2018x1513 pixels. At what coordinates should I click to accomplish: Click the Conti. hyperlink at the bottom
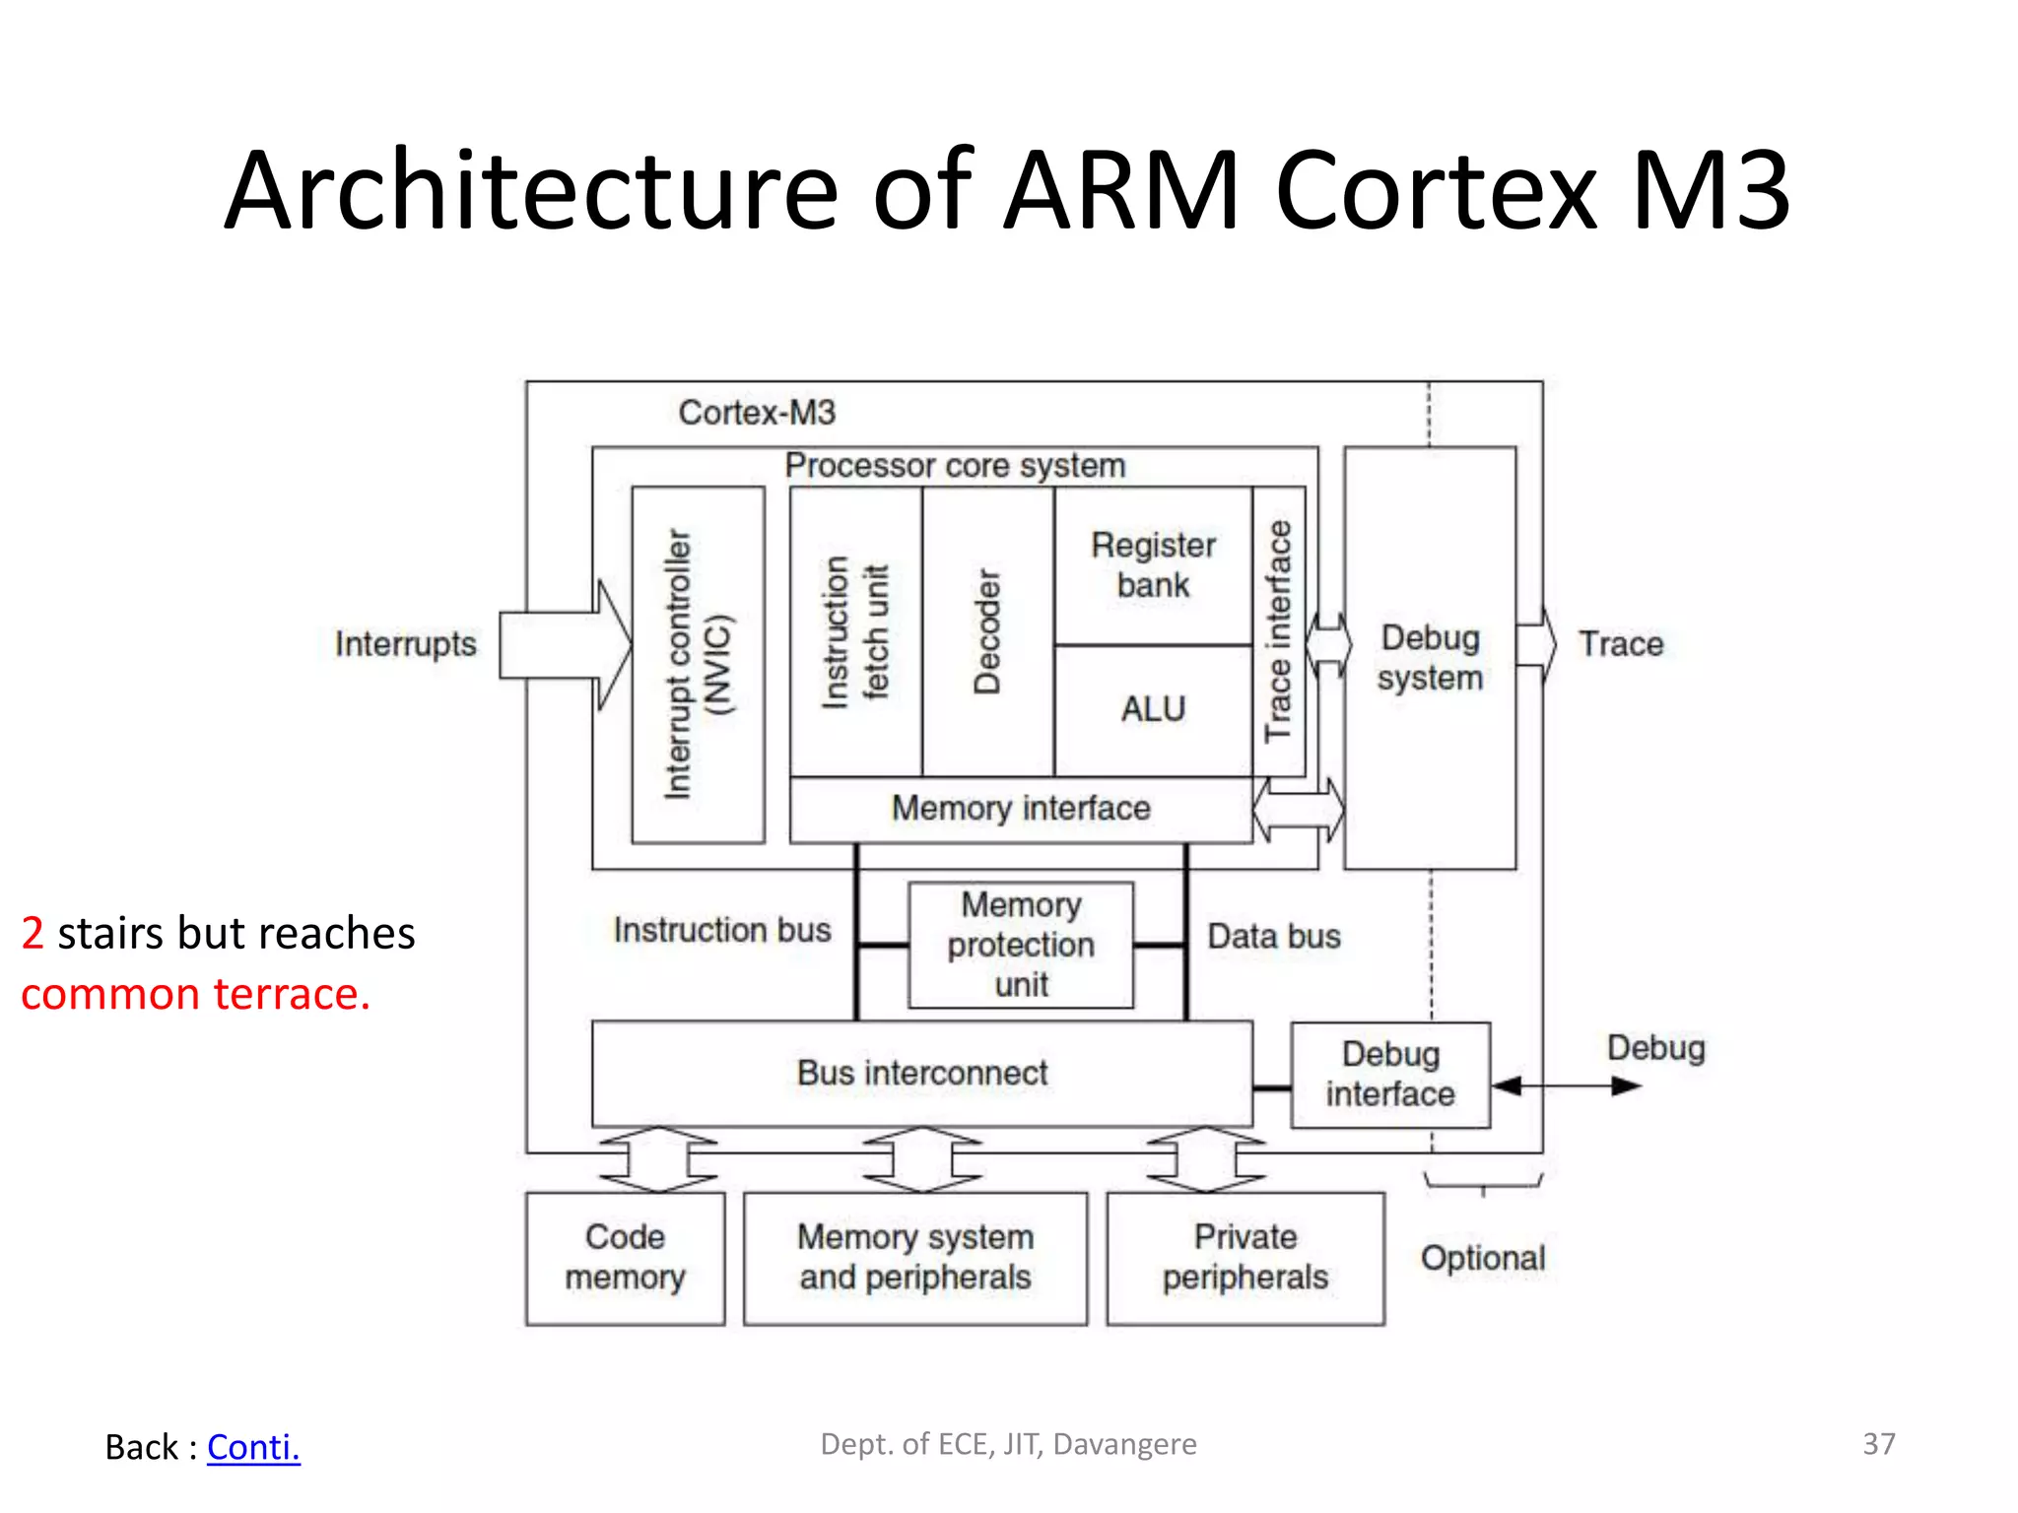253,1447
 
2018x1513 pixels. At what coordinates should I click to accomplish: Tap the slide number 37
1878,1444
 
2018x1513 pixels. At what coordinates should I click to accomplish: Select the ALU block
1153,710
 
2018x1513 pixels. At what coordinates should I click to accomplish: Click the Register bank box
1153,565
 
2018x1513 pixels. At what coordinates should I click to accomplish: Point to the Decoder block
987,631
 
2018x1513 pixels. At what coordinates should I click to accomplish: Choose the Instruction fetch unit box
855,631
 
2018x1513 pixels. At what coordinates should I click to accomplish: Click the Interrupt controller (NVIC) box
698,664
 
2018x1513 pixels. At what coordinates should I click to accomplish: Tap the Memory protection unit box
1021,945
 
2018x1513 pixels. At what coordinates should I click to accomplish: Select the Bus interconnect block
921,1073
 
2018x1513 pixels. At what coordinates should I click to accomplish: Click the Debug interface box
1390,1075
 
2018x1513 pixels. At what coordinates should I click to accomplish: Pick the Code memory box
625,1258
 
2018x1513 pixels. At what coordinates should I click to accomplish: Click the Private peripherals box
1245,1258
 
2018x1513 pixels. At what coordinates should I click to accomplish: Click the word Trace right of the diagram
1621,644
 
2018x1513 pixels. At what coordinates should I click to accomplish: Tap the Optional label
1483,1258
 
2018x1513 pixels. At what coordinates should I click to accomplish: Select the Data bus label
1274,936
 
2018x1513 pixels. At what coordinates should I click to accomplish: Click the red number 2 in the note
33,933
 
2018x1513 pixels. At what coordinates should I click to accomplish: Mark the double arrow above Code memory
658,1159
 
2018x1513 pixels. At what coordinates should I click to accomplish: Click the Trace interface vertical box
1279,631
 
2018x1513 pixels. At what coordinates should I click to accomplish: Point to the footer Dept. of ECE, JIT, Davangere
1008,1444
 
